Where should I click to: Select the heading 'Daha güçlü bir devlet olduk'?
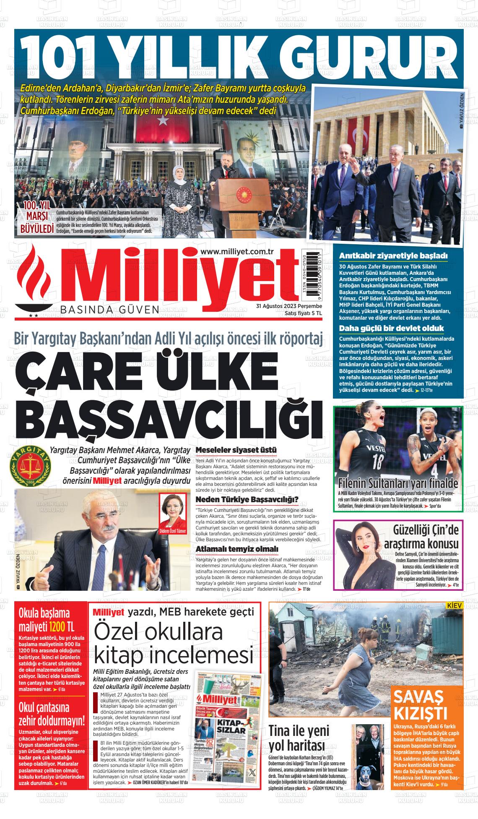click(x=391, y=328)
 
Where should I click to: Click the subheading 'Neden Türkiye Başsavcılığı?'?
click(x=247, y=499)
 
